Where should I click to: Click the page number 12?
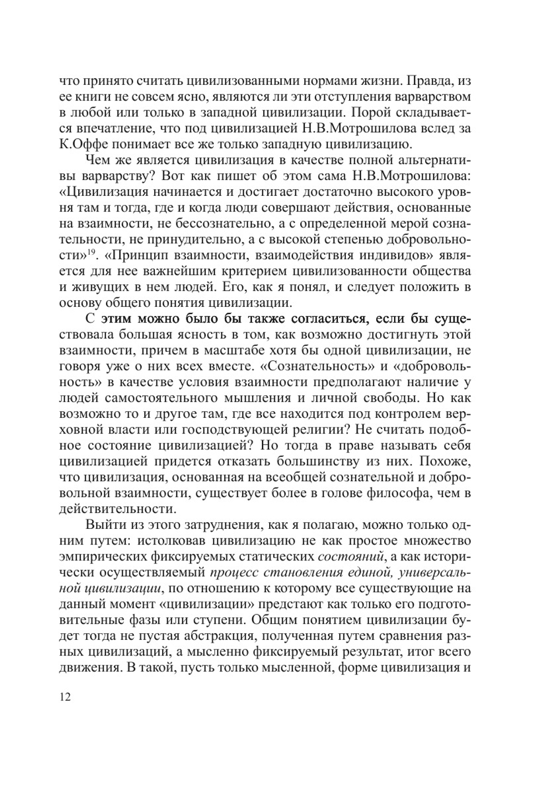click(64, 697)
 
